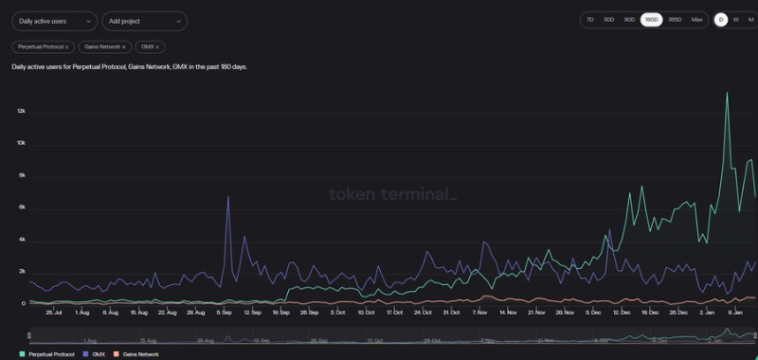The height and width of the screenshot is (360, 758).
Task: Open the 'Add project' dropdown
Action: pos(144,21)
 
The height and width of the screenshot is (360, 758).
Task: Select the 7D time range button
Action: pos(589,19)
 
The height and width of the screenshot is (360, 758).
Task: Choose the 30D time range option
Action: pos(609,19)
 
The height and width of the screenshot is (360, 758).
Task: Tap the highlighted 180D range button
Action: pos(651,19)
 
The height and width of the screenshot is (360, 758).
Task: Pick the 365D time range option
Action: pos(674,19)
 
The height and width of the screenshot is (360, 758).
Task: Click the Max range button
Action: pos(696,19)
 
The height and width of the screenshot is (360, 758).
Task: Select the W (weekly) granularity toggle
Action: pos(735,19)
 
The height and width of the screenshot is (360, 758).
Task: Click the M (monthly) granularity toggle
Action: pos(749,19)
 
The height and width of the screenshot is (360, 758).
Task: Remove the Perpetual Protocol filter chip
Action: pos(66,46)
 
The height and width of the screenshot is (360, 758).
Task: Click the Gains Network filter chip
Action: pos(104,46)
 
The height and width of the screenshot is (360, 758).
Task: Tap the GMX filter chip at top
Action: pos(149,46)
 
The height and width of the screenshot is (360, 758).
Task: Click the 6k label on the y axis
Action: pos(21,207)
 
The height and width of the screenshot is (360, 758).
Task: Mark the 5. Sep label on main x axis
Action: pos(224,312)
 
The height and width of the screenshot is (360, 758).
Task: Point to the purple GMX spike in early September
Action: pos(228,198)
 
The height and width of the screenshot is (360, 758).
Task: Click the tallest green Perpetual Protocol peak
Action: pos(727,93)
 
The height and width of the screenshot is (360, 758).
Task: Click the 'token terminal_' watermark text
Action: pos(392,194)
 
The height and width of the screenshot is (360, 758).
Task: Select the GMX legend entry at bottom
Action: pos(93,353)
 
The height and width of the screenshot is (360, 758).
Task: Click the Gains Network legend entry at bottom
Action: pos(135,353)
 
